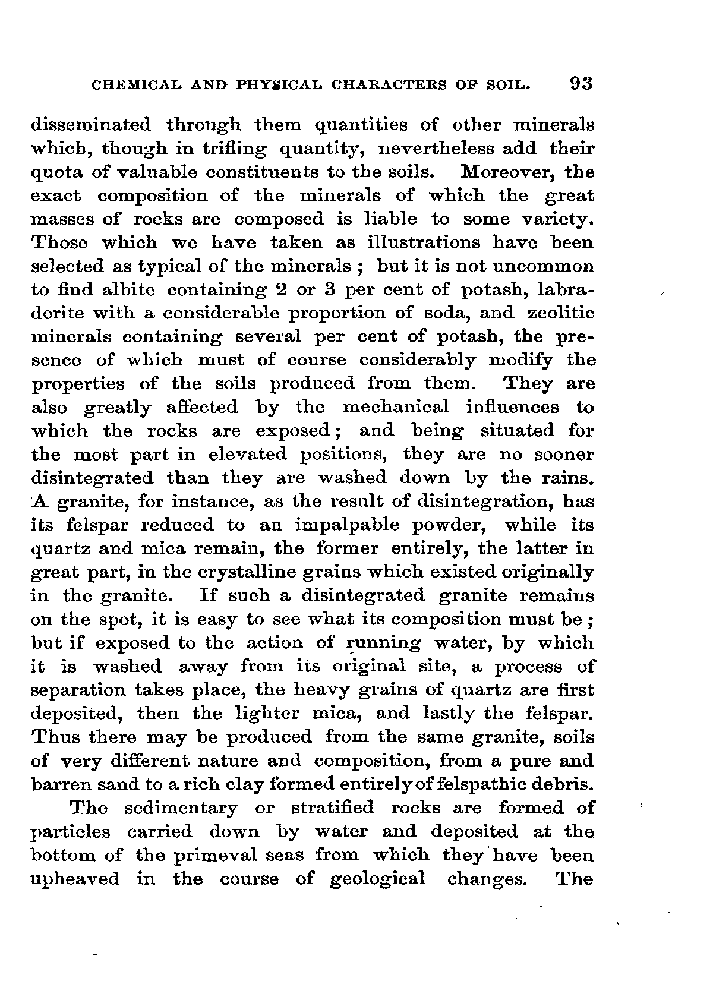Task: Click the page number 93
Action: click(580, 83)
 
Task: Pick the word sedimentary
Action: click(182, 808)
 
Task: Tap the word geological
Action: click(377, 879)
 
